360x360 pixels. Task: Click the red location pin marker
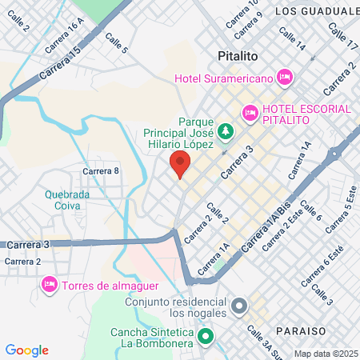180,164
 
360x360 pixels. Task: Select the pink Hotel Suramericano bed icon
284,77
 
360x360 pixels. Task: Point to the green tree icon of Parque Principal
226,129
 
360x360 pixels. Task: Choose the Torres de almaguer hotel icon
49,285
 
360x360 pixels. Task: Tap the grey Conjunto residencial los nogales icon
238,306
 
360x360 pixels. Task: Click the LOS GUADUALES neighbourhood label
317,11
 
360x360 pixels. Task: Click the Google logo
27,350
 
